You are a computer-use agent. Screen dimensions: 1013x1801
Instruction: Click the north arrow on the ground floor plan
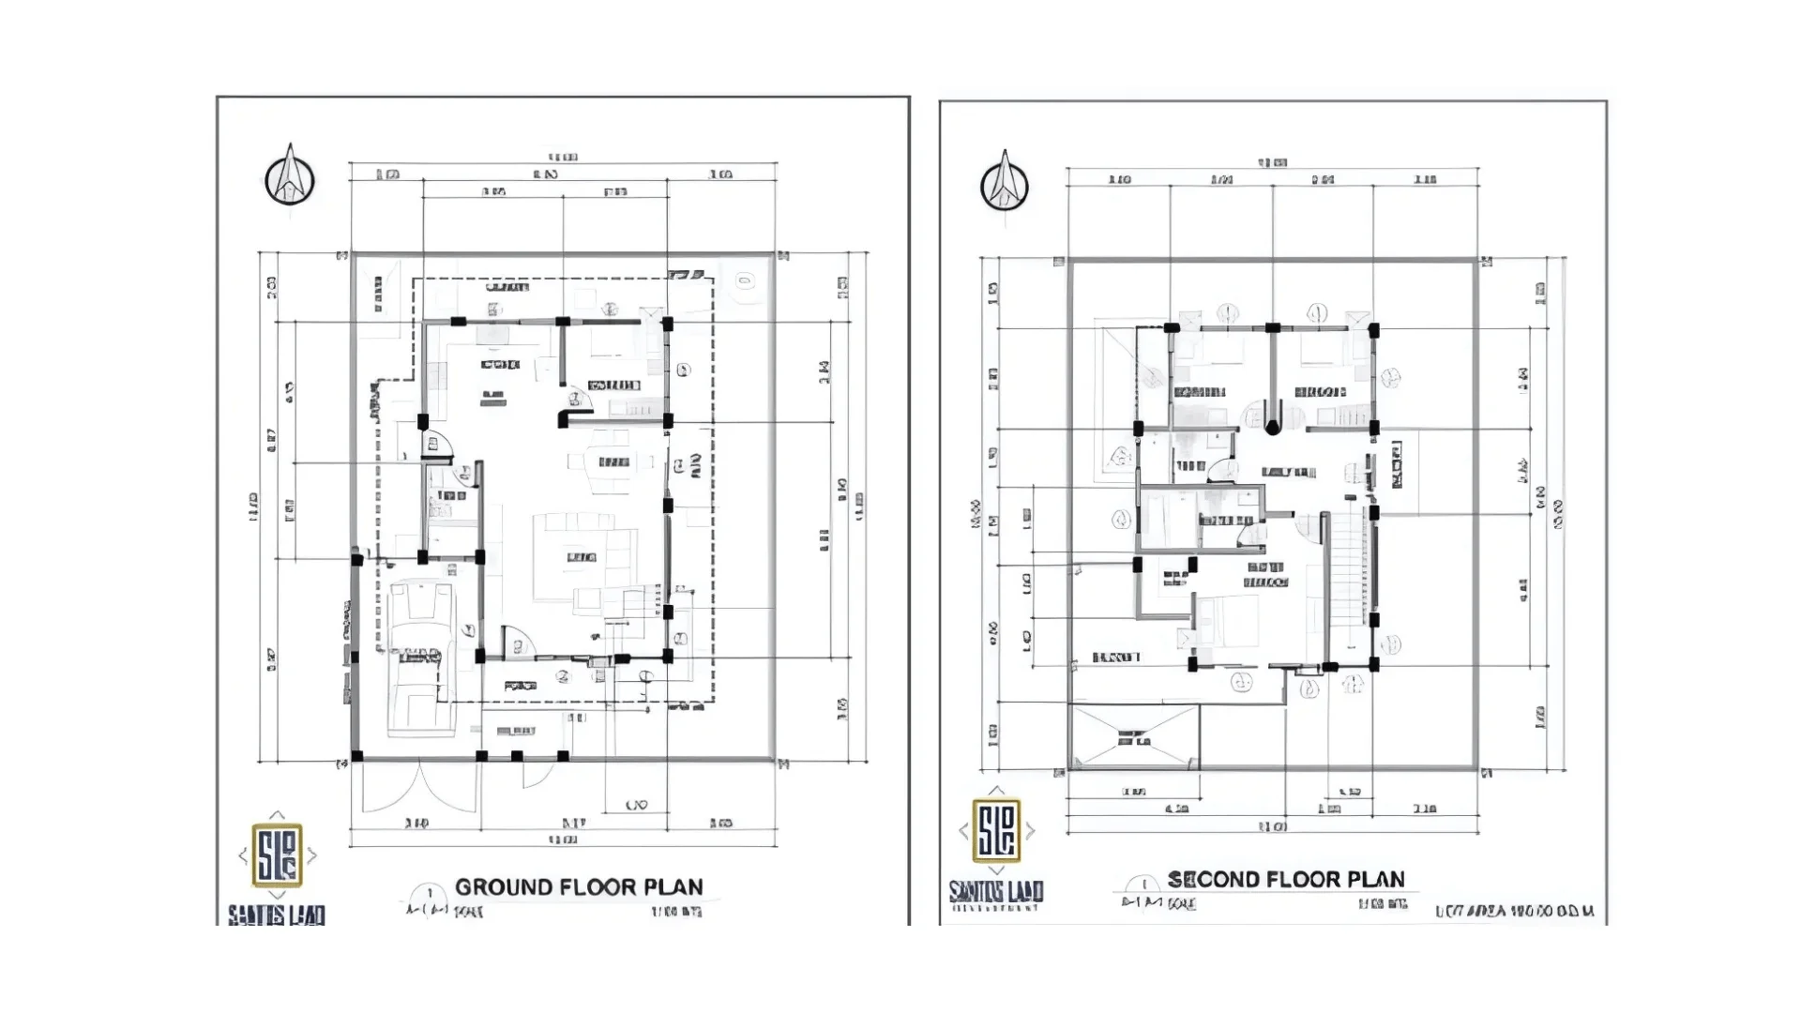[289, 178]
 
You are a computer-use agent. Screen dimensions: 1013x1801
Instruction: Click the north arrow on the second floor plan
[1005, 183]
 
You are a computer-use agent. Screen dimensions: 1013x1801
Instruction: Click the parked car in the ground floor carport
[420, 657]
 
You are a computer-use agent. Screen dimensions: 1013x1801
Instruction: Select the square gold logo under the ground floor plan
[278, 855]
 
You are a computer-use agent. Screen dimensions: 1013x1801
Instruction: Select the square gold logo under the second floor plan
[996, 831]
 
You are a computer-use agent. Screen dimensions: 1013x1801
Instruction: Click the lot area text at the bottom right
[1515, 911]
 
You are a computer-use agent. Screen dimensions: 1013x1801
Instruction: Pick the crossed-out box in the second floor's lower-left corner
[1134, 738]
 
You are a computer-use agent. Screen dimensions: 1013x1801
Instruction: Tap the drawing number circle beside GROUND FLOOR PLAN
[431, 894]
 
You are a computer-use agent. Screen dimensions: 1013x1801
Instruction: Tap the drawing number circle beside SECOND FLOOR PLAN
[1143, 884]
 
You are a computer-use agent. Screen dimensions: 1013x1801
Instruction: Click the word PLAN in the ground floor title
[672, 887]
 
